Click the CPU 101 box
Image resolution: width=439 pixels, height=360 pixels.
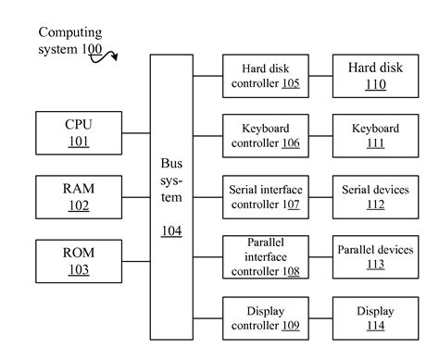click(x=78, y=133)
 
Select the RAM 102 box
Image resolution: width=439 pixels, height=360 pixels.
click(x=78, y=197)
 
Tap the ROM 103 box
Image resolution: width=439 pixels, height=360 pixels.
click(x=78, y=261)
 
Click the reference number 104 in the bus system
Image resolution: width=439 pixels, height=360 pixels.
click(x=171, y=230)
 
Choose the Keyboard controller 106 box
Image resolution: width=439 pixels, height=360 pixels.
click(x=266, y=134)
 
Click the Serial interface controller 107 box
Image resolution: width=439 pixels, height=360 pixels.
click(x=266, y=197)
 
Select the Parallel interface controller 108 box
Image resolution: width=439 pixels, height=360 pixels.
click(x=266, y=256)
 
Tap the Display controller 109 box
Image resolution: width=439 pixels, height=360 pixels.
click(x=266, y=318)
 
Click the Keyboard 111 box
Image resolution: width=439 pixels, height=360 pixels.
click(x=374, y=134)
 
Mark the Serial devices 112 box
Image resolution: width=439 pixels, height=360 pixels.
click(x=374, y=197)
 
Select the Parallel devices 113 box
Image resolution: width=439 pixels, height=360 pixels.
click(x=374, y=256)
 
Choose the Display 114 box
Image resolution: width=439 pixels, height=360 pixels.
click(x=374, y=318)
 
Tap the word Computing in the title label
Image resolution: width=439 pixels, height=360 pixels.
click(x=69, y=32)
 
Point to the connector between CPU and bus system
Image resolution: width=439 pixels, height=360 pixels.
click(x=137, y=133)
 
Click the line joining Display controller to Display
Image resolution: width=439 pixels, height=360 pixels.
click(x=320, y=318)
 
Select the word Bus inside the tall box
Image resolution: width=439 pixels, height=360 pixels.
click(x=171, y=163)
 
